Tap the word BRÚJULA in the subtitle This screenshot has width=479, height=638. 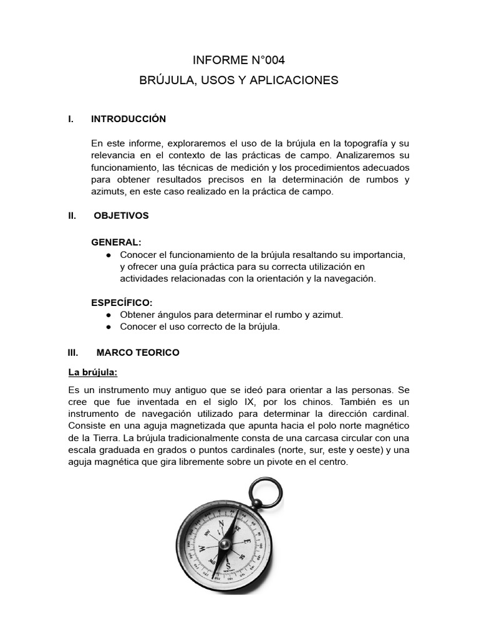163,80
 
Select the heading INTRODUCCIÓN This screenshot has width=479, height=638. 128,119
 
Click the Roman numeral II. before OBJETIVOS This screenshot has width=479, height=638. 72,216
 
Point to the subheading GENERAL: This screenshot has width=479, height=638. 117,242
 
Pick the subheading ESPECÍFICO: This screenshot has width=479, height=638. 122,302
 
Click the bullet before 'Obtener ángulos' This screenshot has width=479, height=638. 109,315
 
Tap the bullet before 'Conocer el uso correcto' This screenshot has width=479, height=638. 109,326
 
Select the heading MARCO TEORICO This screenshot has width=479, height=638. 138,353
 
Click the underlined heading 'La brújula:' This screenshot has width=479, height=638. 92,373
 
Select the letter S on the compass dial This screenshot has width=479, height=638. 229,566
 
